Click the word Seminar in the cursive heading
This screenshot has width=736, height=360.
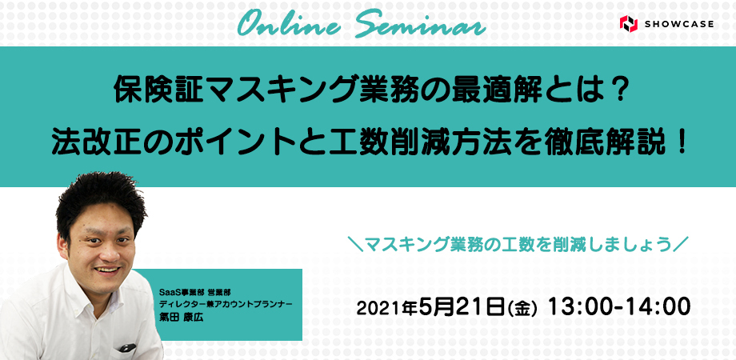click(x=420, y=24)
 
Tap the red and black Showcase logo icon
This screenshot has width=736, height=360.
click(x=628, y=23)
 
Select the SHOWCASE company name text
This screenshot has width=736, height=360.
click(x=679, y=24)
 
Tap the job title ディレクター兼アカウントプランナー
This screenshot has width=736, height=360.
click(x=226, y=304)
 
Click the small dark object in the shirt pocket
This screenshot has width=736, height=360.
click(x=127, y=347)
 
